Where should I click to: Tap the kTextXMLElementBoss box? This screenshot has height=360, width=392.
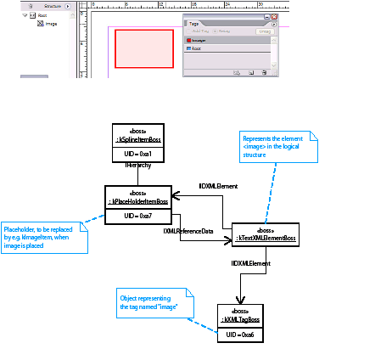coord(266,233)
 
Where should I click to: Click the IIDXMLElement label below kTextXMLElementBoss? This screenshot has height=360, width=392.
coord(251,264)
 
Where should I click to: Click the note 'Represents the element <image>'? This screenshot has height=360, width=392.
coord(277,146)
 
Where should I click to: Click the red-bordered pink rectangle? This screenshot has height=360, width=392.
coord(144,48)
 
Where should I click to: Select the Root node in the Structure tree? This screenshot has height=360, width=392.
coord(42,15)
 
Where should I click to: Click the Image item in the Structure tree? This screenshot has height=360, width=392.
coord(51,24)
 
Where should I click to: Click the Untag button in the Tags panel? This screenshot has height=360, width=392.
coord(264,31)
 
